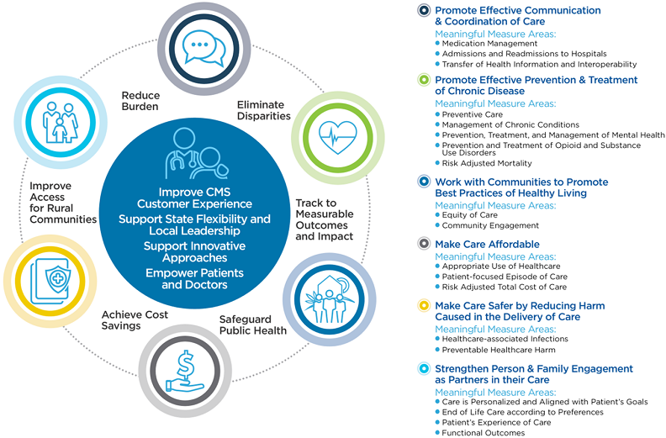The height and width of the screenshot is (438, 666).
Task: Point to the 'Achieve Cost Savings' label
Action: point(135,319)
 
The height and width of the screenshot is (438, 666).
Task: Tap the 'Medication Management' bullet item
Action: point(489,43)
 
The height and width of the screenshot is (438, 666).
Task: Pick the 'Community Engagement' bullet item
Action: point(490,225)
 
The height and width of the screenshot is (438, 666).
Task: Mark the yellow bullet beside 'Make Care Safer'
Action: point(425,306)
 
